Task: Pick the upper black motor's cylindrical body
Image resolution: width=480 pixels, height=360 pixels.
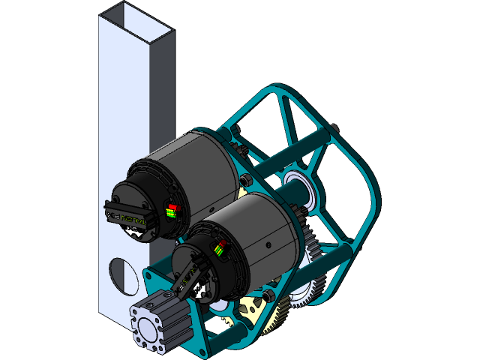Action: (187, 172)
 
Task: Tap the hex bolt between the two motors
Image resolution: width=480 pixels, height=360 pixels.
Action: (247, 180)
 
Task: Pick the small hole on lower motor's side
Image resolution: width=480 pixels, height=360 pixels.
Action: (268, 244)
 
